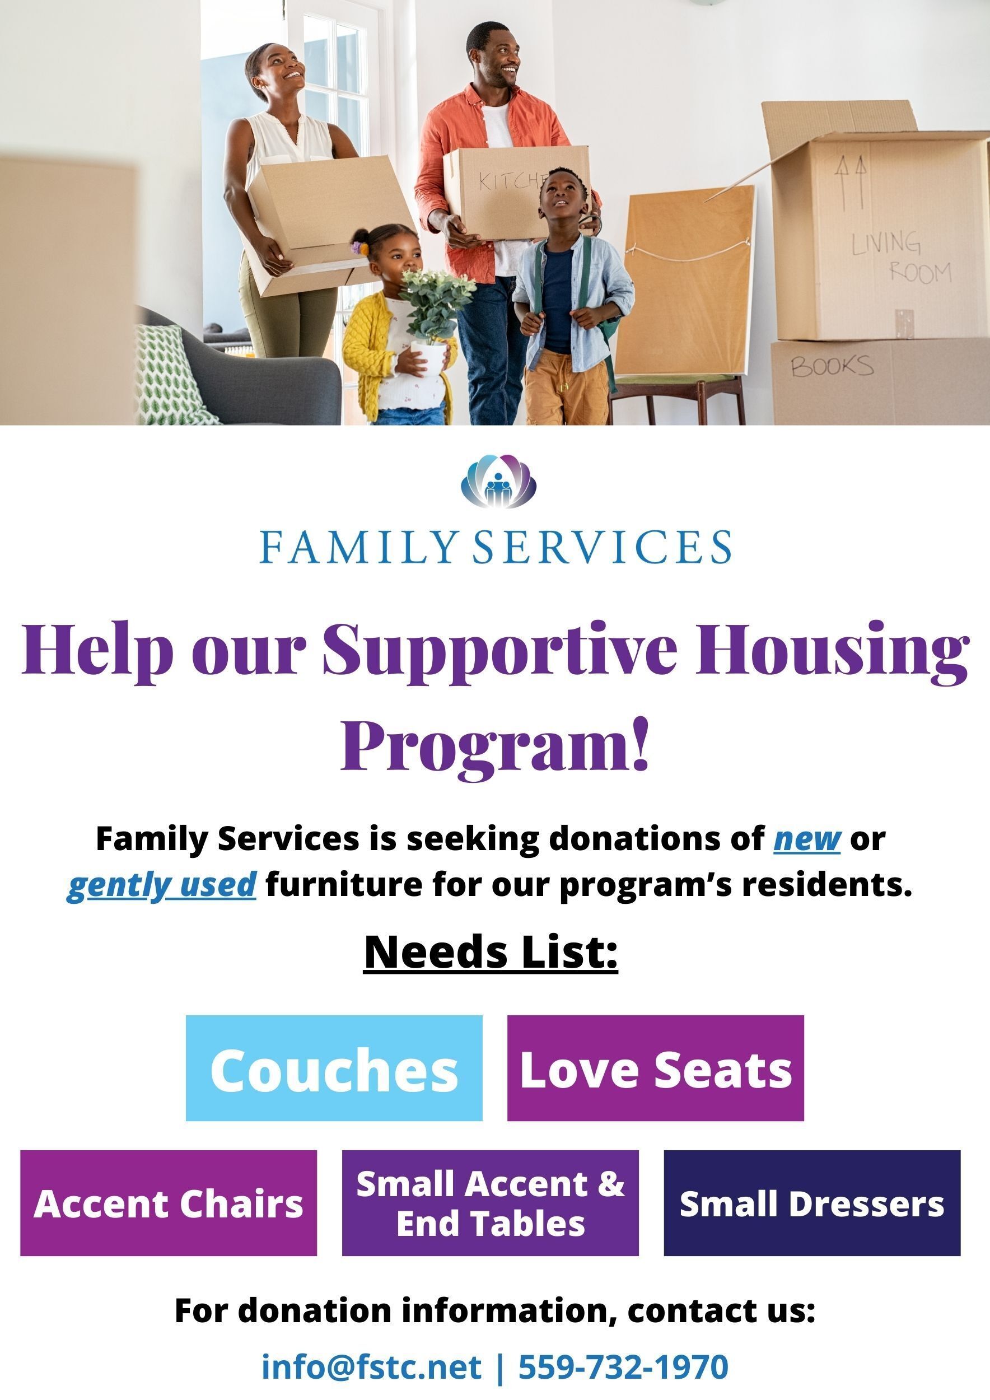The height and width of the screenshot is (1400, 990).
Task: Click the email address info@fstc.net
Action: pyautogui.click(x=371, y=1366)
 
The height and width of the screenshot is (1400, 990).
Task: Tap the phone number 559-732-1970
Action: pyautogui.click(x=623, y=1366)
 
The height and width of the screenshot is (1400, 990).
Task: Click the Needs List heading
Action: pyautogui.click(x=491, y=952)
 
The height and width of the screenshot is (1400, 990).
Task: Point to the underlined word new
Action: pyautogui.click(x=807, y=839)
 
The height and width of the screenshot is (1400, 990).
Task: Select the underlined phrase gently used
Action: pyautogui.click(x=161, y=885)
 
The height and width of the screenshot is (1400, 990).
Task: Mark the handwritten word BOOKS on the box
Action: pyautogui.click(x=832, y=366)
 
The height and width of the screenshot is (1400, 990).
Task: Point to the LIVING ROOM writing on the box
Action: pyautogui.click(x=902, y=256)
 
